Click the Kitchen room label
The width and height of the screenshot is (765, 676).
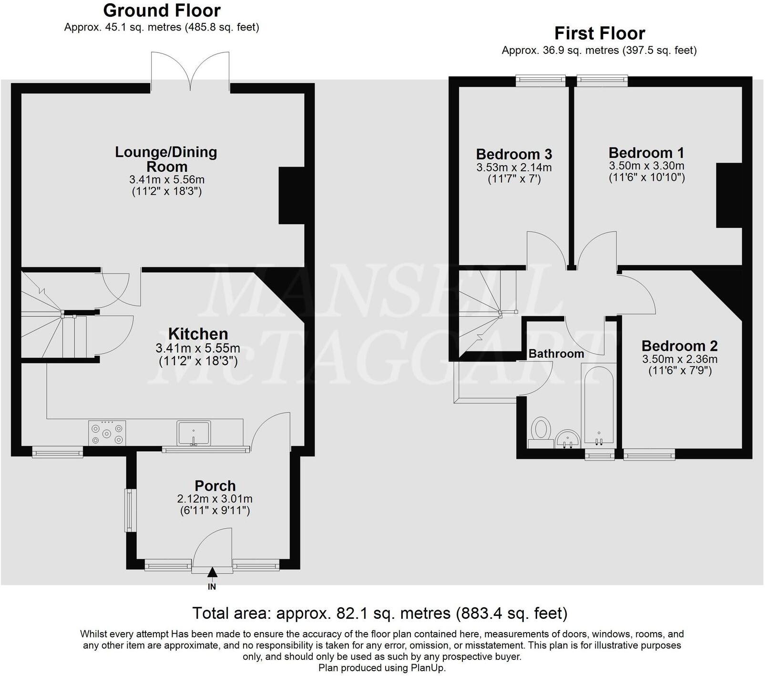(x=198, y=333)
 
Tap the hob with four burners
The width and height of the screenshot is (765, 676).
(x=107, y=433)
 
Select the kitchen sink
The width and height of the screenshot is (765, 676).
(x=194, y=433)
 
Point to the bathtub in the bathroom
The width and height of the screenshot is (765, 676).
(x=599, y=406)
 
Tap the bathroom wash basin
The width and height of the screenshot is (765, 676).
(x=567, y=438)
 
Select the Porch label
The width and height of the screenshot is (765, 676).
(x=215, y=486)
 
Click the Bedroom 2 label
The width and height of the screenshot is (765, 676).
(x=679, y=345)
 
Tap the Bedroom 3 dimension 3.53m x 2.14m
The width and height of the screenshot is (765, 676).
(x=514, y=167)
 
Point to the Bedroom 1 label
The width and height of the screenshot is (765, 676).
(x=646, y=153)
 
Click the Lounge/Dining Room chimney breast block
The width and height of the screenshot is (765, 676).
(x=291, y=195)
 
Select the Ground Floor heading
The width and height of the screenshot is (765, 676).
(x=162, y=10)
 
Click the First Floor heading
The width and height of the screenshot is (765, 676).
(x=599, y=33)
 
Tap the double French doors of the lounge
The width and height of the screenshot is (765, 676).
(x=191, y=72)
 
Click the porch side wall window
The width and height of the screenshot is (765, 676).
(x=128, y=510)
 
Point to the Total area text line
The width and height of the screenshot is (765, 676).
(x=379, y=613)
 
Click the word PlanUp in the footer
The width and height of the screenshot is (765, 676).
(x=426, y=667)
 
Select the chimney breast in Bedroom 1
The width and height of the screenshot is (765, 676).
(x=729, y=195)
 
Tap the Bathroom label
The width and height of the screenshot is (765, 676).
(x=556, y=354)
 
